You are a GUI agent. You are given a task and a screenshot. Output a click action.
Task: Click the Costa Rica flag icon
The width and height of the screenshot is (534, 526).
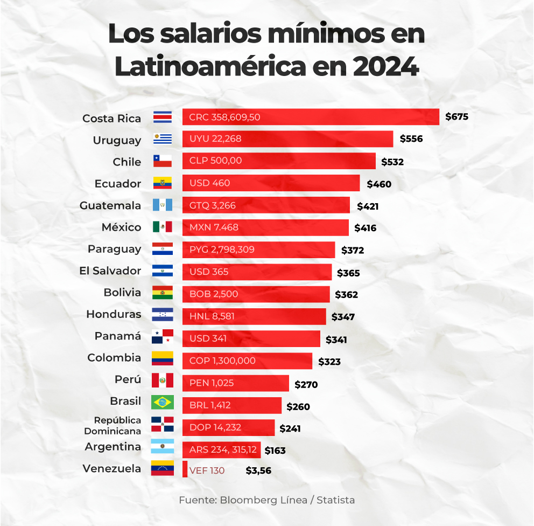point(163,117)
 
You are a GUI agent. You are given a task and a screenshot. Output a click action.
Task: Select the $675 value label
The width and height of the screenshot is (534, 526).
point(457,116)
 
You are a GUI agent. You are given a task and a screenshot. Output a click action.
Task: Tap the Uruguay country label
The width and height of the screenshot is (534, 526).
point(117,140)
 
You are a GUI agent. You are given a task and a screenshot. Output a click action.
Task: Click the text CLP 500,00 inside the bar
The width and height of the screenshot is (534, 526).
point(215,161)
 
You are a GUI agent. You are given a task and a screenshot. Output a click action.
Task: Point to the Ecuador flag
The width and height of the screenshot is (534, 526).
point(163,183)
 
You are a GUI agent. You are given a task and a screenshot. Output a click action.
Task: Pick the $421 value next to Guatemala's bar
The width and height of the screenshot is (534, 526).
point(368,206)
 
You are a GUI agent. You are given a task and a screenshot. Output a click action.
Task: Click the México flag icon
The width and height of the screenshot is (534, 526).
point(163,227)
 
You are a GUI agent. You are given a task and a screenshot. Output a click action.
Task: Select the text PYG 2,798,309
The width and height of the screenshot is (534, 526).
point(222,250)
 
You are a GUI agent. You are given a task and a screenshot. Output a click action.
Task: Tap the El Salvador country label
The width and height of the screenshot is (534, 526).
point(110,271)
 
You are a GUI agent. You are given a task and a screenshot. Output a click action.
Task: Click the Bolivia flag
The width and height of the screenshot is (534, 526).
point(163,293)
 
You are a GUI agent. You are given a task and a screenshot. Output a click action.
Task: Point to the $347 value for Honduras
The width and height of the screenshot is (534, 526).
point(343,317)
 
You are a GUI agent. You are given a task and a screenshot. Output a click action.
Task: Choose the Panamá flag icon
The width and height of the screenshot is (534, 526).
point(163,337)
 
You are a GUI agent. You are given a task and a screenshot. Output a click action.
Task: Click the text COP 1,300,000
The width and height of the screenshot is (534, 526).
point(222,361)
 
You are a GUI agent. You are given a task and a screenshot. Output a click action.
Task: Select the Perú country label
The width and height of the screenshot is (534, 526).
point(128,379)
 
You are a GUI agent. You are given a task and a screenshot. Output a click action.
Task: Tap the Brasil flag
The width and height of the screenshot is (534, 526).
point(163,402)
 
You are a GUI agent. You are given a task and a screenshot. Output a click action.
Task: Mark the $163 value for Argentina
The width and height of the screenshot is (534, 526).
point(275,451)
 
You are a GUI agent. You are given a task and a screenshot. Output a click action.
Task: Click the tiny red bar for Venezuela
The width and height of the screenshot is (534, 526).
point(185,469)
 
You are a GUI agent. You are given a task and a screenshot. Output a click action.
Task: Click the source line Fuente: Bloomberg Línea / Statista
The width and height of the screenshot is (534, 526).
point(267,500)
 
